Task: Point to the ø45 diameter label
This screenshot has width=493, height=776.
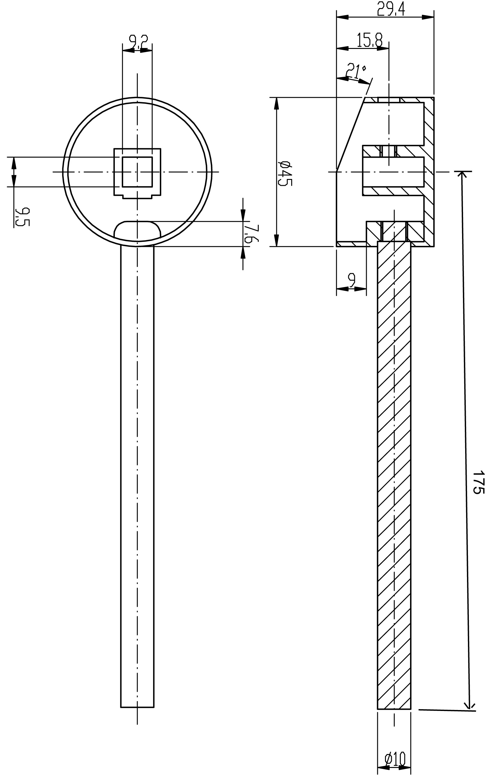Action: pyautogui.click(x=285, y=173)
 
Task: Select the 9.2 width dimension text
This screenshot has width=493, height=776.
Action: pyautogui.click(x=138, y=42)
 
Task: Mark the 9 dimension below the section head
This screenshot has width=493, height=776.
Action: pyautogui.click(x=352, y=280)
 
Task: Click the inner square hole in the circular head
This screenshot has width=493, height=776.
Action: pyautogui.click(x=137, y=172)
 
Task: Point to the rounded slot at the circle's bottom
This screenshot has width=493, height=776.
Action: pyautogui.click(x=137, y=231)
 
